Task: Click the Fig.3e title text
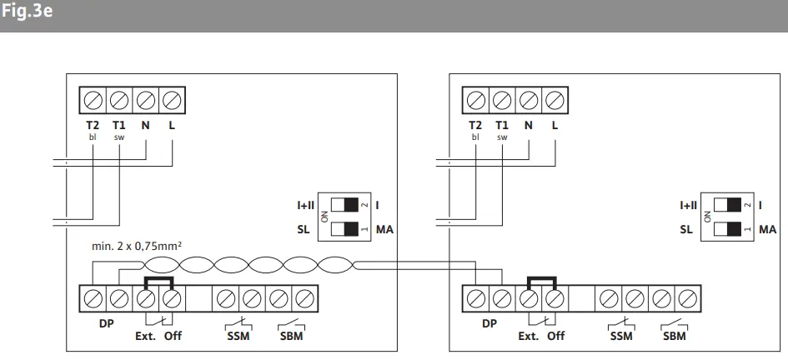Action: pyautogui.click(x=27, y=12)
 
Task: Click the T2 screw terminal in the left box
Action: pyautogui.click(x=93, y=101)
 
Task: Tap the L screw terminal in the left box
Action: pyautogui.click(x=172, y=101)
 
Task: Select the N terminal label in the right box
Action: pyautogui.click(x=528, y=125)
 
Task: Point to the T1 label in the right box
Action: pyautogui.click(x=501, y=125)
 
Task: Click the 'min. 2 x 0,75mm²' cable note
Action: pyautogui.click(x=137, y=247)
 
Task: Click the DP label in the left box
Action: pyautogui.click(x=106, y=324)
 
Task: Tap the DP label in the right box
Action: pyautogui.click(x=489, y=324)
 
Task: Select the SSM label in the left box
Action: pyautogui.click(x=238, y=336)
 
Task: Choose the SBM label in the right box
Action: pyautogui.click(x=674, y=336)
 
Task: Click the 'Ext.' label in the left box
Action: pyautogui.click(x=146, y=336)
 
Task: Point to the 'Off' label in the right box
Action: pyautogui.click(x=556, y=336)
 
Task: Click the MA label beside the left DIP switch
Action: pyautogui.click(x=384, y=230)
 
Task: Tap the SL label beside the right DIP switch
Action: pyautogui.click(x=686, y=230)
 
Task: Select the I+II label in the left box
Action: pyautogui.click(x=305, y=205)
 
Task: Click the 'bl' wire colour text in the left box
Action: pyautogui.click(x=93, y=137)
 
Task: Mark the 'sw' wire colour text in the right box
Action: pyautogui.click(x=501, y=137)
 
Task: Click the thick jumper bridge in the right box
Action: pyautogui.click(x=541, y=277)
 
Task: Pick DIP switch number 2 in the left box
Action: pyautogui.click(x=344, y=204)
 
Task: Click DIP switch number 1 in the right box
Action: pyautogui.click(x=727, y=229)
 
